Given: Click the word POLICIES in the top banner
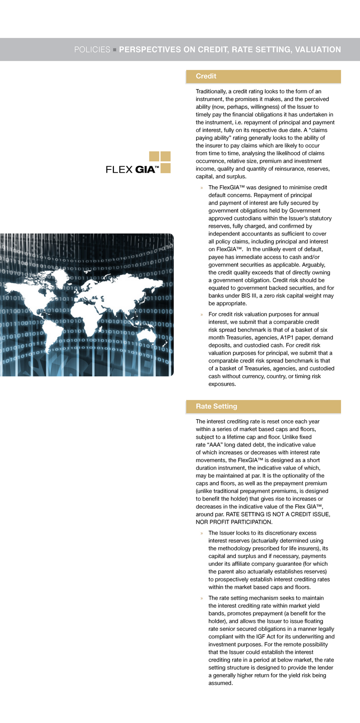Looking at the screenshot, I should pos(92,50).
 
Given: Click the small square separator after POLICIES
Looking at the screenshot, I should pos(115,50).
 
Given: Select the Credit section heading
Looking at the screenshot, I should pos(206,76).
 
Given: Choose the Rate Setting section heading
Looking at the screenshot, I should pos(216,406).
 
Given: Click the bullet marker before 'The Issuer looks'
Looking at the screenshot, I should pos(202,533).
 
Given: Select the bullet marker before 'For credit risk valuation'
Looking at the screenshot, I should pos(202,315).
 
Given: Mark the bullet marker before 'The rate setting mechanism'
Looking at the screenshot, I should pos(202,598).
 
